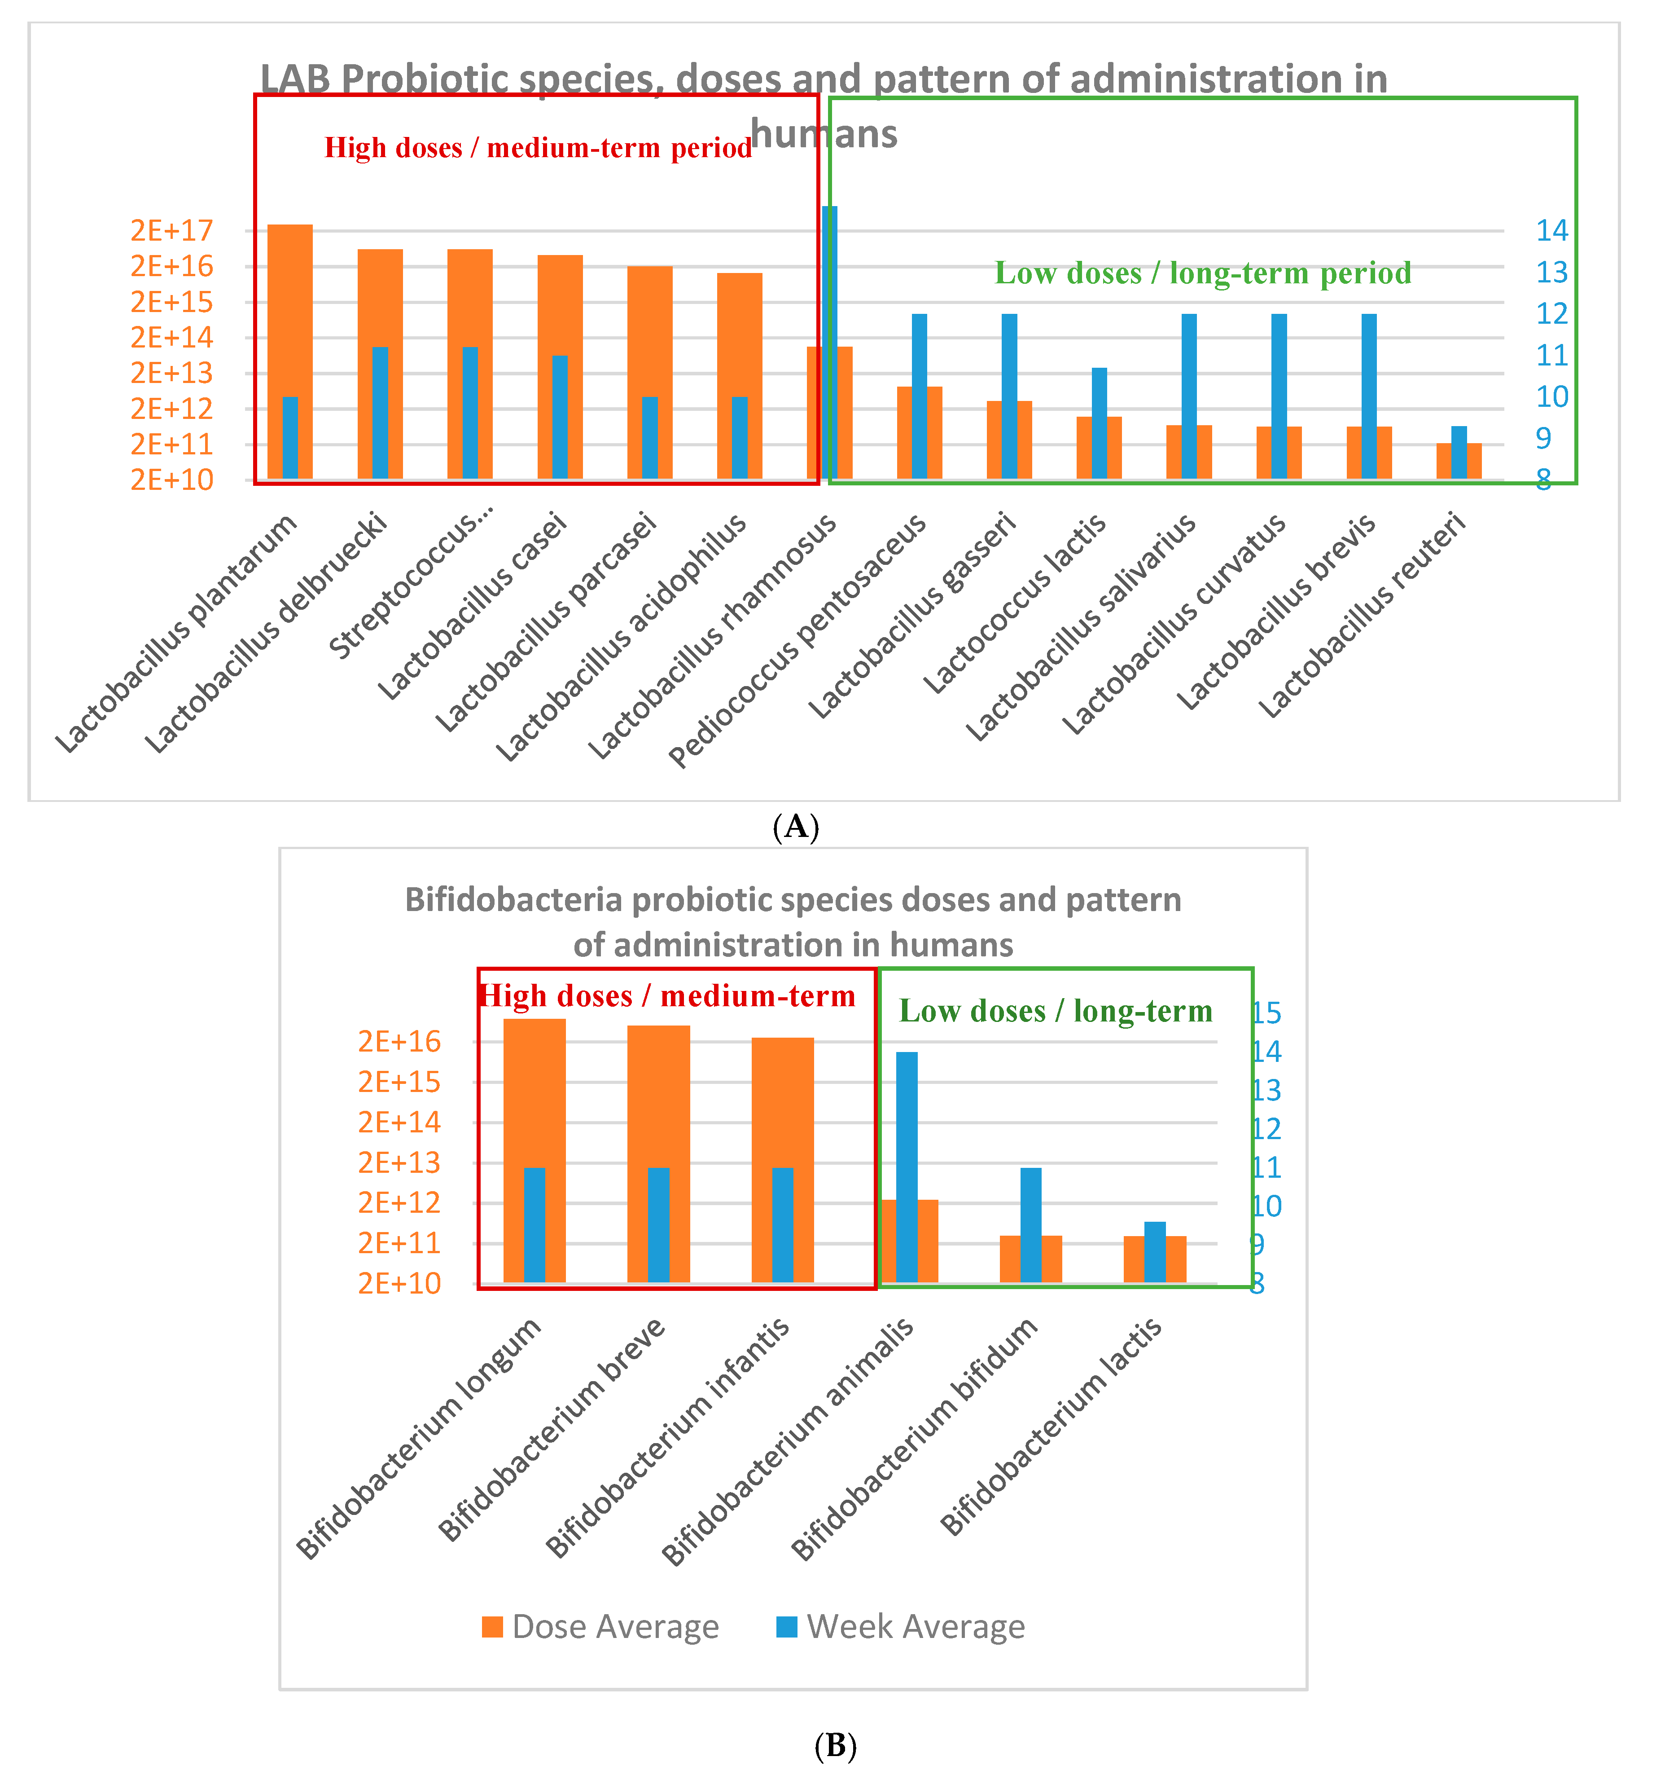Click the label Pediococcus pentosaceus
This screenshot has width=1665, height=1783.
coord(798,641)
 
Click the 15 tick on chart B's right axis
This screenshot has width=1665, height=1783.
coord(1266,1013)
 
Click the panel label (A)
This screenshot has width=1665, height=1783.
coord(795,826)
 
